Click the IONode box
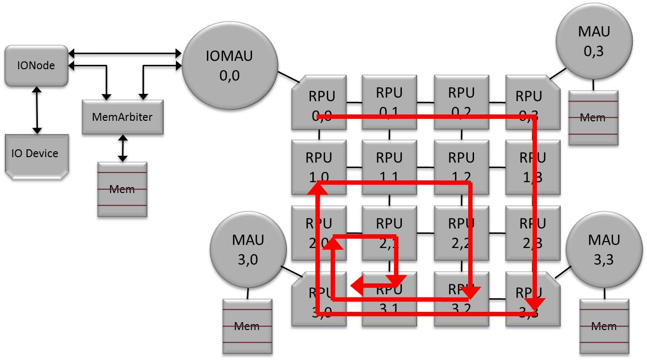pyautogui.click(x=36, y=66)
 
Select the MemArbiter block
pyautogui.click(x=122, y=117)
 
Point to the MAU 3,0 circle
pyautogui.click(x=248, y=250)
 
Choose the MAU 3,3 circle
pyautogui.click(x=604, y=250)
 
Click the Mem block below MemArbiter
pyautogui.click(x=122, y=189)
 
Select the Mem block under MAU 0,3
pyautogui.click(x=593, y=118)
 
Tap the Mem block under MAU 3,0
pyautogui.click(x=247, y=326)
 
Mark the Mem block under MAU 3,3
pyautogui.click(x=604, y=326)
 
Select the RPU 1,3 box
pyautogui.click(x=533, y=167)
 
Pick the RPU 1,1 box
pyautogui.click(x=389, y=167)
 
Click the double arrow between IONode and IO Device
pyautogui.click(x=36, y=110)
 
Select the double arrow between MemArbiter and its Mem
pyautogui.click(x=122, y=148)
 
